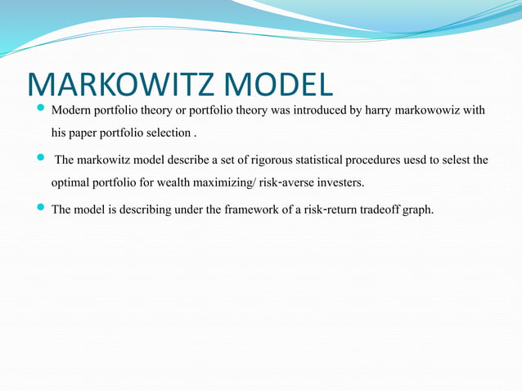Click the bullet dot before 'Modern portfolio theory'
coord(41,109)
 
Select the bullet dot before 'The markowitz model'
coord(41,159)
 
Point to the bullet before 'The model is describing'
coord(41,209)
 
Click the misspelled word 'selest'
coord(472,160)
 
